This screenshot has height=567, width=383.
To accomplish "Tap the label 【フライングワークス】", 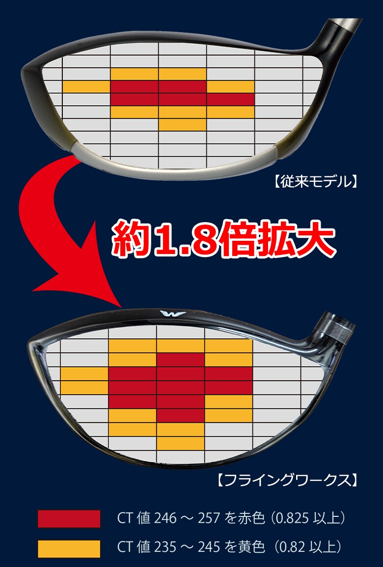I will [287, 480].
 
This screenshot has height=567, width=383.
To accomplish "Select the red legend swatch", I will [69, 519].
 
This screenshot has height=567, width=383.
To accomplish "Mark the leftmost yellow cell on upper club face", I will [86, 87].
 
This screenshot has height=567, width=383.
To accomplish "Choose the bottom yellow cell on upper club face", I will [182, 125].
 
